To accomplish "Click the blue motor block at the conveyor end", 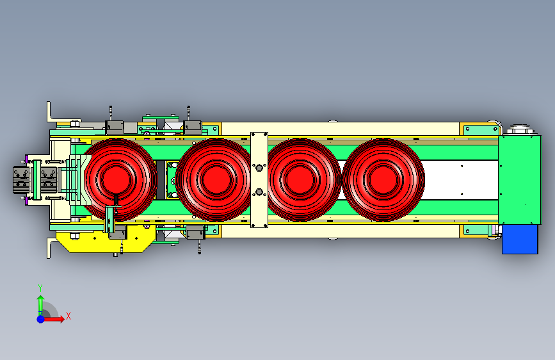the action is pos(520,239).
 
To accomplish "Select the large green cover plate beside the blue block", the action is pos(520,179).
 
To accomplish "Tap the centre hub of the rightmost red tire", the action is pos(383,179).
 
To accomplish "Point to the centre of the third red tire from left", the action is pos(301,179).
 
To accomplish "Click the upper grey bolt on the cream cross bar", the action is pos(259,167).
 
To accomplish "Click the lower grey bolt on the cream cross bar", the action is pos(259,192).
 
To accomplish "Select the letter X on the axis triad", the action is pos(68,316).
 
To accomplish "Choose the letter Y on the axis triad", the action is pos(40,288).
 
